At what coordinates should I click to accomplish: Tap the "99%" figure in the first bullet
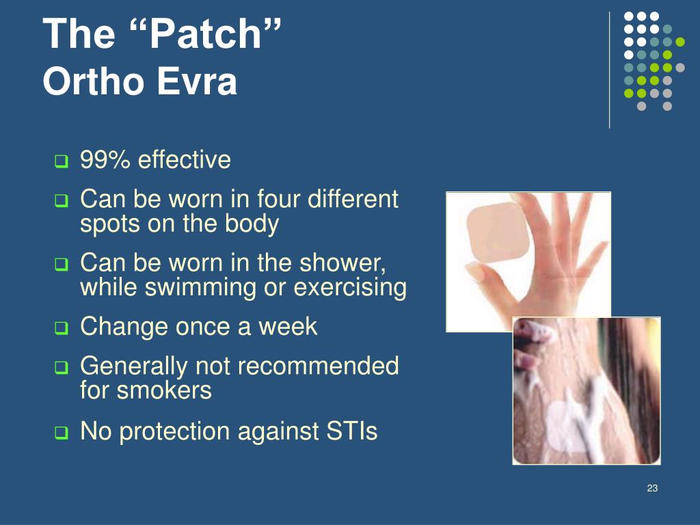click(106, 161)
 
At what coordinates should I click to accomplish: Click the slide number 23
click(651, 488)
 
